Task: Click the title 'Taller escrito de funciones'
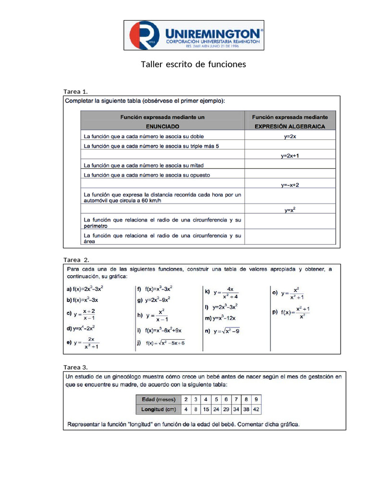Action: click(193, 64)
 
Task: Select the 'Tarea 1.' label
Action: click(75, 91)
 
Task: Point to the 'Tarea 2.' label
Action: click(76, 259)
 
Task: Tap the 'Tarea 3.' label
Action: click(75, 368)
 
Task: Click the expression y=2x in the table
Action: click(290, 136)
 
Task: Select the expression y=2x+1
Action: click(290, 156)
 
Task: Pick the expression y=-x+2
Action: click(290, 184)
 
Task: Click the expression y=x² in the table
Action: click(290, 210)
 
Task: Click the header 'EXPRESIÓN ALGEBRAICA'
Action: click(290, 126)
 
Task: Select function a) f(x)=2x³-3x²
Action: click(86, 289)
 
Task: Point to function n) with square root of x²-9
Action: click(222, 331)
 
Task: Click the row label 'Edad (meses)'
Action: click(158, 399)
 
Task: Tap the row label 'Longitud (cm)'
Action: click(158, 409)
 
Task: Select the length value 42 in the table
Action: click(256, 409)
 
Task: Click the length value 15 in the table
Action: click(206, 409)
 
